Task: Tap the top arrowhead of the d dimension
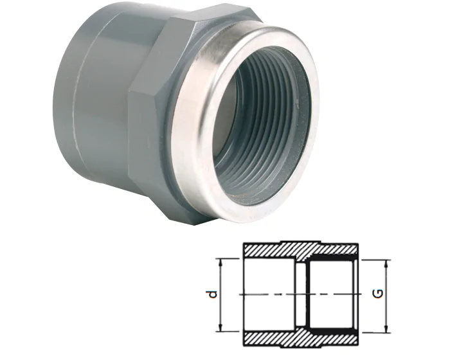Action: [x=221, y=261]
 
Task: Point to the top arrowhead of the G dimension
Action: [x=386, y=263]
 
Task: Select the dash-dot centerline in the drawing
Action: [x=270, y=295]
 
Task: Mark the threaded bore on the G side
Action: [x=331, y=283]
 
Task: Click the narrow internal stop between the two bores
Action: [x=300, y=283]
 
